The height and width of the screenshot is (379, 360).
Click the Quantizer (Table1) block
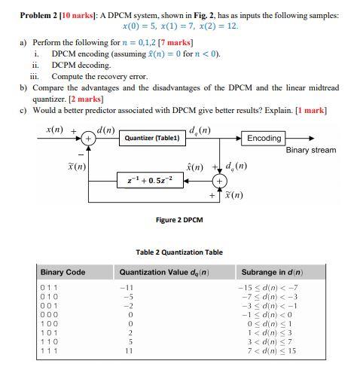(152, 139)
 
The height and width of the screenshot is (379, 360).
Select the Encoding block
(264, 138)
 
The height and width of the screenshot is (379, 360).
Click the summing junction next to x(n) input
(89, 139)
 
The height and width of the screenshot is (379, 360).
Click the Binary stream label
(311, 151)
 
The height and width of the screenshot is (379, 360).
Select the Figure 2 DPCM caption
(178, 220)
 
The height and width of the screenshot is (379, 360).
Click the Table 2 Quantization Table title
(178, 252)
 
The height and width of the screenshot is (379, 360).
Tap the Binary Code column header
(63, 272)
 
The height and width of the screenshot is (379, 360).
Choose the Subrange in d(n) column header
(272, 272)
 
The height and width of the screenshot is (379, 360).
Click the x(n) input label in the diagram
(55, 130)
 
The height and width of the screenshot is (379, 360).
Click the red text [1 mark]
(310, 110)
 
